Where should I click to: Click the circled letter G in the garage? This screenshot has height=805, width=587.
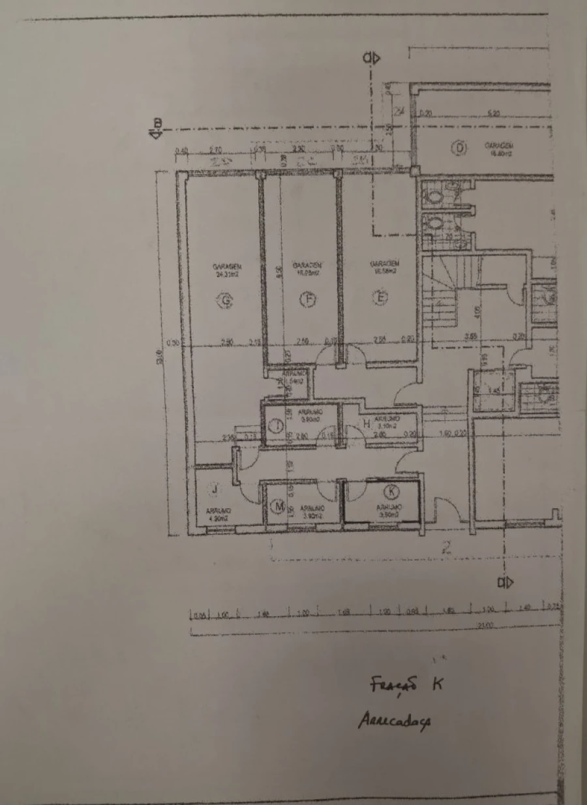(x=226, y=300)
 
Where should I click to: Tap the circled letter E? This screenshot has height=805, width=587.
(x=381, y=297)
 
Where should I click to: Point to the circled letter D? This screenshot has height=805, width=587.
(x=460, y=148)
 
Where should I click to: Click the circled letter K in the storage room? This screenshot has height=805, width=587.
(x=391, y=491)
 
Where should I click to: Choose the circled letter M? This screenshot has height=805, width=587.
(x=278, y=506)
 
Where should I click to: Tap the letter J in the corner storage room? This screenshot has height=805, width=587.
(x=214, y=489)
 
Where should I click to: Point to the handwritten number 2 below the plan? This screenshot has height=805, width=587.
(x=446, y=549)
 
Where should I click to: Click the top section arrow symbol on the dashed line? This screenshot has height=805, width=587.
(x=371, y=58)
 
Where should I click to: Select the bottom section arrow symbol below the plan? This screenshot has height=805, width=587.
(x=505, y=581)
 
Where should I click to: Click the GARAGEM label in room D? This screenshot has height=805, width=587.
(x=501, y=145)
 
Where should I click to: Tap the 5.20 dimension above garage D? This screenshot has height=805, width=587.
(x=494, y=114)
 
